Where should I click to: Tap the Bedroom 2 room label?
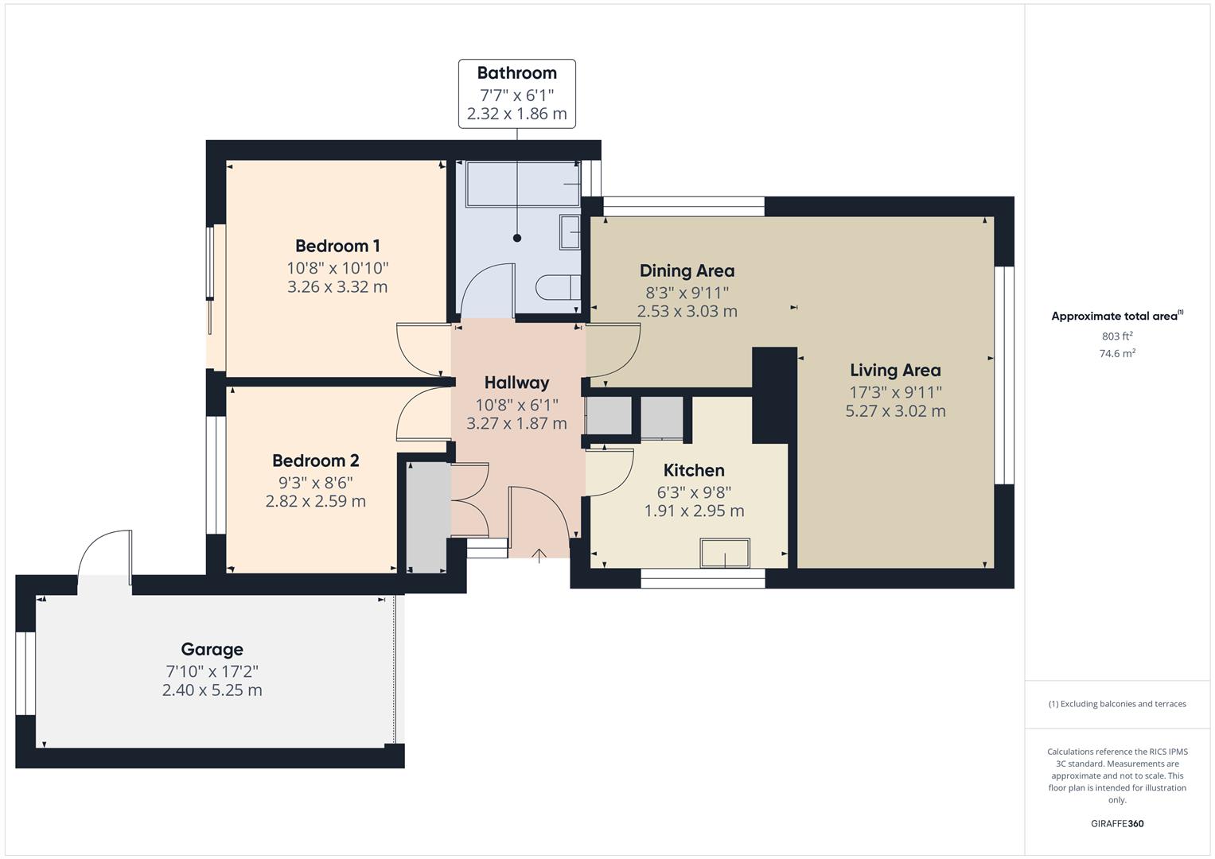click(x=315, y=461)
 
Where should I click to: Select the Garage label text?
click(x=212, y=650)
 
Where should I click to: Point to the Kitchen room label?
click(x=694, y=470)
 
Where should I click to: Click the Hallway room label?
click(x=516, y=383)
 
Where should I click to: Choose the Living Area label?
click(x=895, y=370)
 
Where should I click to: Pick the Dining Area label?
click(x=687, y=270)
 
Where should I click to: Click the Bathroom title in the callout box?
click(x=516, y=73)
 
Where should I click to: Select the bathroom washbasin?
click(x=570, y=231)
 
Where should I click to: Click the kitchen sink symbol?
click(x=724, y=553)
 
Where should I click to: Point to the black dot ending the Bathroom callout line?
click(x=517, y=238)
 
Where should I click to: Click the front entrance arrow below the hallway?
click(x=539, y=555)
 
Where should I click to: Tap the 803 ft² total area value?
click(x=1117, y=336)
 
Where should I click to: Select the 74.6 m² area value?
click(x=1117, y=354)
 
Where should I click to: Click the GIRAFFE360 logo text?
click(x=1117, y=824)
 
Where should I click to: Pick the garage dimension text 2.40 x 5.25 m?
click(x=212, y=690)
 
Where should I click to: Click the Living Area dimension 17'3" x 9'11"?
click(x=895, y=392)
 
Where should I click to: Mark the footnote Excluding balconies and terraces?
click(x=1117, y=704)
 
